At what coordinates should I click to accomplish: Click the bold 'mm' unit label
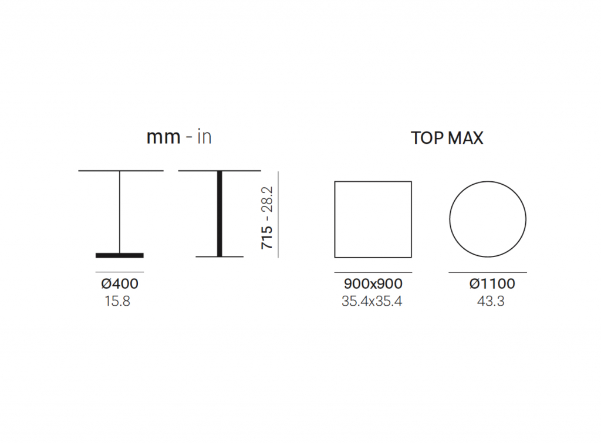point(163,137)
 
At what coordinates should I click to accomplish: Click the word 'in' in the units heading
point(204,137)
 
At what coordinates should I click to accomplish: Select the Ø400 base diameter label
point(120,283)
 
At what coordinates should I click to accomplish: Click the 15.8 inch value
point(117,301)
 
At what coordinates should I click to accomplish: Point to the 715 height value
point(267,237)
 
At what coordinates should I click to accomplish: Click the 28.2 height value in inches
point(267,199)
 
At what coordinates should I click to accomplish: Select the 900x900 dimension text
point(373,283)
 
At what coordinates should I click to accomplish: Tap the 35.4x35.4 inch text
point(372,301)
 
